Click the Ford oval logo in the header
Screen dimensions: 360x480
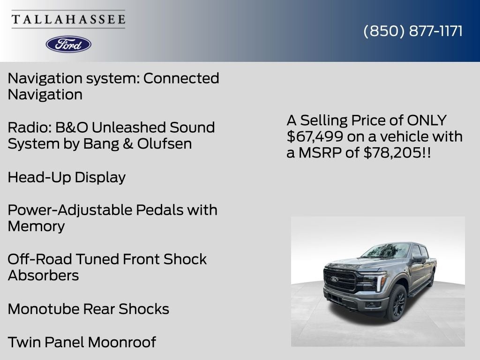pos(68,44)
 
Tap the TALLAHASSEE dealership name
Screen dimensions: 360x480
pos(68,20)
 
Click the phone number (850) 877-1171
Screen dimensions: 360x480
pos(413,31)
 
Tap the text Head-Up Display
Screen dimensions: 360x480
pos(67,177)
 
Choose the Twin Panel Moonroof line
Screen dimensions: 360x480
pos(82,342)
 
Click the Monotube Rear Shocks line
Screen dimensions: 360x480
pos(88,309)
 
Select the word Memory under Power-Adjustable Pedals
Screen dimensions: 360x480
pos(36,226)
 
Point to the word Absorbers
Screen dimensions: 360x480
pos(43,275)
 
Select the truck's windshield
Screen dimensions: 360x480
pos(385,251)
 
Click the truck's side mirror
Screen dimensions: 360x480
pos(419,259)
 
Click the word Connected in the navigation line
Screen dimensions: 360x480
pos(181,78)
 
